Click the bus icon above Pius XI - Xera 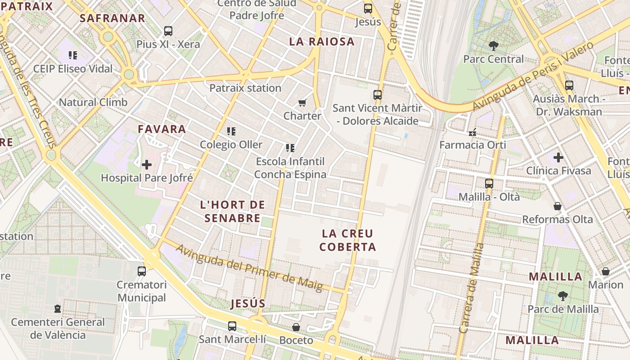(168, 31)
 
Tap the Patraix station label (245, 88)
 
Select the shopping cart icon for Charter (302, 103)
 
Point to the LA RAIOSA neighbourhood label (322, 42)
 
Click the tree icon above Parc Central (494, 45)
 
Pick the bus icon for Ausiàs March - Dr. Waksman (569, 85)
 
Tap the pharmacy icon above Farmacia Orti (472, 132)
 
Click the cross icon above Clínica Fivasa (558, 157)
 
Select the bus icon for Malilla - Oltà (489, 184)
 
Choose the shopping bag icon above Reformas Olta (558, 206)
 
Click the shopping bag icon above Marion (606, 271)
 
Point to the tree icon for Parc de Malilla (562, 296)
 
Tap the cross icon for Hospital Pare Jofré (147, 165)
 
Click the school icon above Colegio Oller (231, 131)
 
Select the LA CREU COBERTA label (347, 240)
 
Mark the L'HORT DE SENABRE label (232, 211)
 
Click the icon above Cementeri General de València (58, 309)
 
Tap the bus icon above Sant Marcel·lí (232, 326)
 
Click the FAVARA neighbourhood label (162, 129)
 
